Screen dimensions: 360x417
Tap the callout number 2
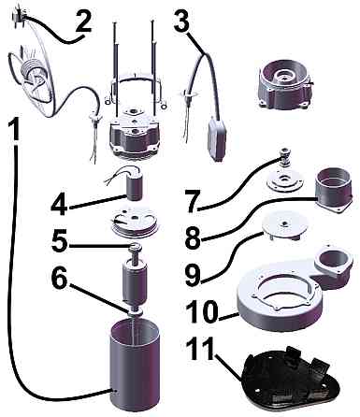(83, 21)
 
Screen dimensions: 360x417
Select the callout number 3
(181, 21)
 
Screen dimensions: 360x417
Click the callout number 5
(60, 242)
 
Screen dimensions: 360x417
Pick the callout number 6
(59, 279)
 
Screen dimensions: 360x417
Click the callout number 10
(203, 311)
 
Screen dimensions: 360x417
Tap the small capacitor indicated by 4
(135, 186)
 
